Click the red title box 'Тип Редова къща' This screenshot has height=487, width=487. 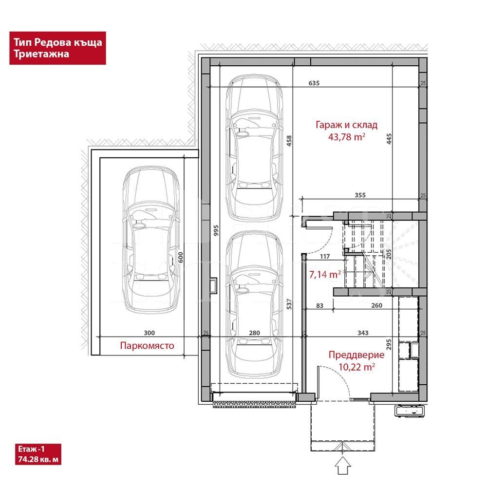(57, 48)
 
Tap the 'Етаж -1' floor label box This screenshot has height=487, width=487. (38, 454)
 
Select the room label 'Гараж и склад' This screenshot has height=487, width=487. (346, 125)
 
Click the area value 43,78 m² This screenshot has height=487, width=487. (347, 137)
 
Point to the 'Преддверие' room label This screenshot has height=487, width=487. (356, 355)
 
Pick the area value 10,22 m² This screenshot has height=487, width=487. (356, 367)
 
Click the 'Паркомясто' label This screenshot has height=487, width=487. (147, 346)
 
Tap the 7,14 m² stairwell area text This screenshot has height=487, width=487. (325, 274)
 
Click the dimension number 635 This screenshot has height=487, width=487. (314, 83)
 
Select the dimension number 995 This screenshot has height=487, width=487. (216, 230)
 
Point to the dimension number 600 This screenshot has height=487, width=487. (181, 257)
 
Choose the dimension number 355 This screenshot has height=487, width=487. (360, 195)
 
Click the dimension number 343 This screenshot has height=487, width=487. (363, 333)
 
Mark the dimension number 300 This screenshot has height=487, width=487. (149, 333)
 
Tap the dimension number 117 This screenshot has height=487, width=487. (324, 256)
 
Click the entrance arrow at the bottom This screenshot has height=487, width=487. (342, 466)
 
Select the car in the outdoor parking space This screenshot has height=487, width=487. (151, 239)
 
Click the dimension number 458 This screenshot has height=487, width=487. (289, 141)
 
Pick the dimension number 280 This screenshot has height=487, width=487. (254, 333)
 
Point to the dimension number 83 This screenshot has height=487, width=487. (319, 306)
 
